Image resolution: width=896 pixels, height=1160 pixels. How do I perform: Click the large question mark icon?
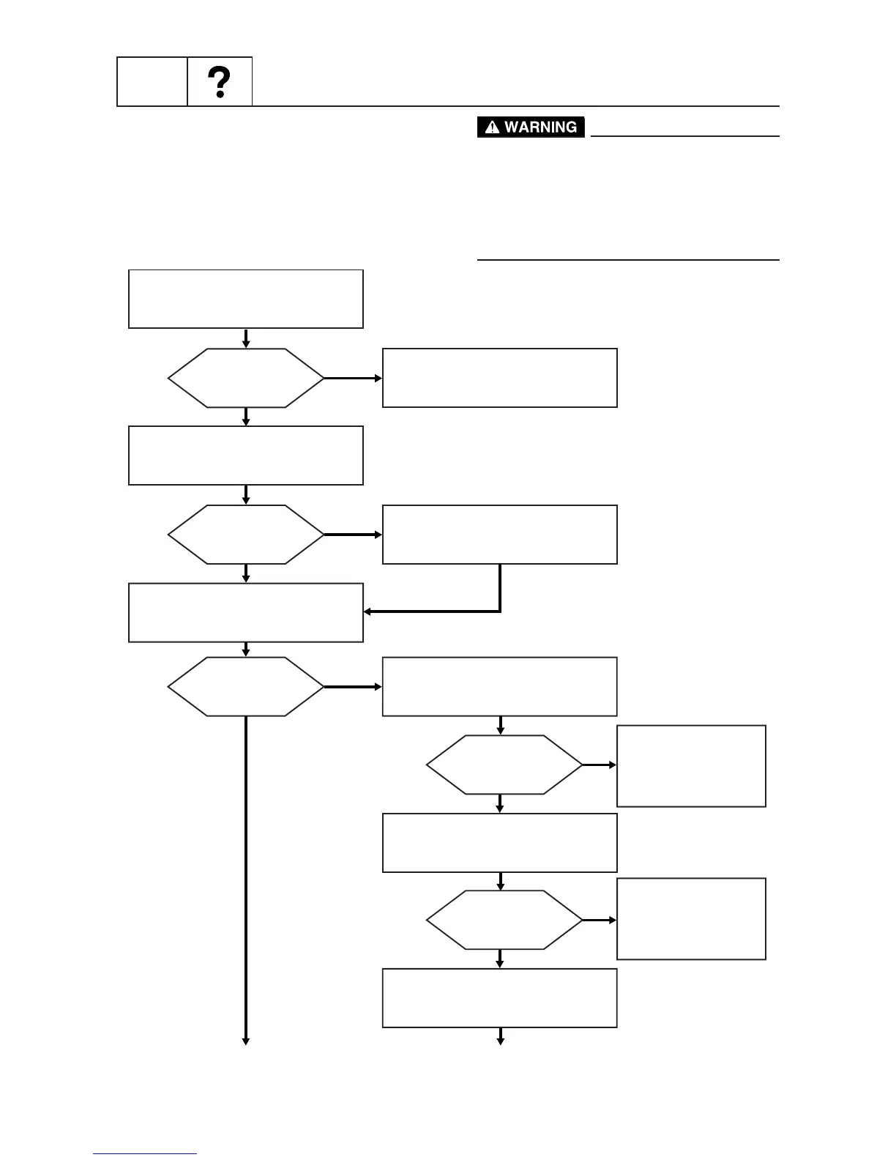point(220,82)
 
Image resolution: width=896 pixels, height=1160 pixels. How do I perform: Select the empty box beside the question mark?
point(152,82)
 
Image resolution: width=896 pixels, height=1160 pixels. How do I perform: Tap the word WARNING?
point(540,127)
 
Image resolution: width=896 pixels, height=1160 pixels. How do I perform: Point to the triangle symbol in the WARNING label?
point(492,128)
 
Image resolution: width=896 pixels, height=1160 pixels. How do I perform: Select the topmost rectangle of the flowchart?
point(246,299)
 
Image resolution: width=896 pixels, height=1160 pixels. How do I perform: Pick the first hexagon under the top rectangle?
point(246,378)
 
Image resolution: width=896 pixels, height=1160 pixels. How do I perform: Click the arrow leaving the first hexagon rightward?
point(353,379)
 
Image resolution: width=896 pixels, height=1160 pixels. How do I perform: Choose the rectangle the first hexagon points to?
point(500,378)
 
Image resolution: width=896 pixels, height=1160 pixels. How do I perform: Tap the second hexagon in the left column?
point(246,535)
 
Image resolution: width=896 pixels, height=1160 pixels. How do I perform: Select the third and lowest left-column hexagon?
point(246,687)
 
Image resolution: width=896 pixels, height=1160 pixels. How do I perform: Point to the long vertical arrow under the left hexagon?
point(246,879)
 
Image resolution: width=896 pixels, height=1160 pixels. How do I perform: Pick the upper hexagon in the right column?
point(504,765)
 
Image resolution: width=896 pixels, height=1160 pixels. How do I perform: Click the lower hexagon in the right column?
point(504,920)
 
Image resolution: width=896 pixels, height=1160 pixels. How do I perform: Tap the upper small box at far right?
point(692,766)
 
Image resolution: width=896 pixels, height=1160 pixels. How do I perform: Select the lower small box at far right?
point(692,918)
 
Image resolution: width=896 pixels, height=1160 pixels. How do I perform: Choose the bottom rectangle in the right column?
point(500,998)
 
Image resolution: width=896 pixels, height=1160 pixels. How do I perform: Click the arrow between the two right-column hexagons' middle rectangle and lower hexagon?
point(501,881)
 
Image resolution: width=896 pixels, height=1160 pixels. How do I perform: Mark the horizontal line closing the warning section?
point(628,259)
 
